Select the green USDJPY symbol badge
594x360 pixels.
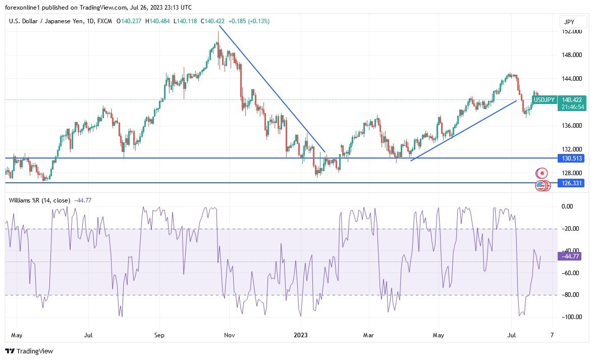point(545,100)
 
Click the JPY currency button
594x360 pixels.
point(573,22)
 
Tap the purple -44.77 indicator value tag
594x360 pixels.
point(569,256)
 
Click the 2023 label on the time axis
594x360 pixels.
point(301,335)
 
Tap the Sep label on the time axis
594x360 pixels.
point(159,335)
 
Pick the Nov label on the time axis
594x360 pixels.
point(230,335)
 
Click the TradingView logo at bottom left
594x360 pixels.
point(29,351)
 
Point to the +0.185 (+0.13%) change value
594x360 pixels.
point(249,21)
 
